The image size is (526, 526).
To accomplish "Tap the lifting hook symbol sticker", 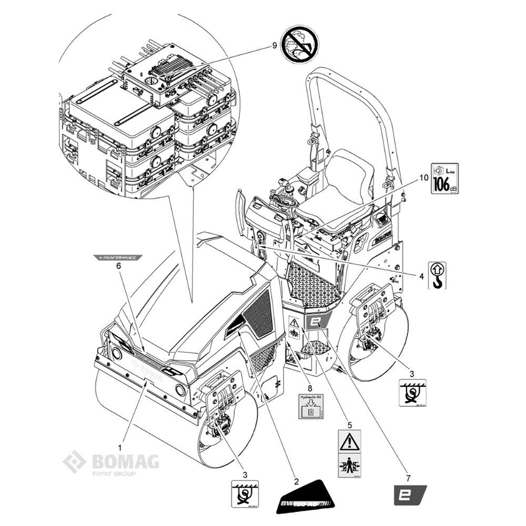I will (x=438, y=276).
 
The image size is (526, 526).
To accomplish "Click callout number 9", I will (x=274, y=46).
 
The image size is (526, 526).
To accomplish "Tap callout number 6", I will (x=118, y=267).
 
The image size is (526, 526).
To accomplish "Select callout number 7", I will (x=409, y=478).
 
